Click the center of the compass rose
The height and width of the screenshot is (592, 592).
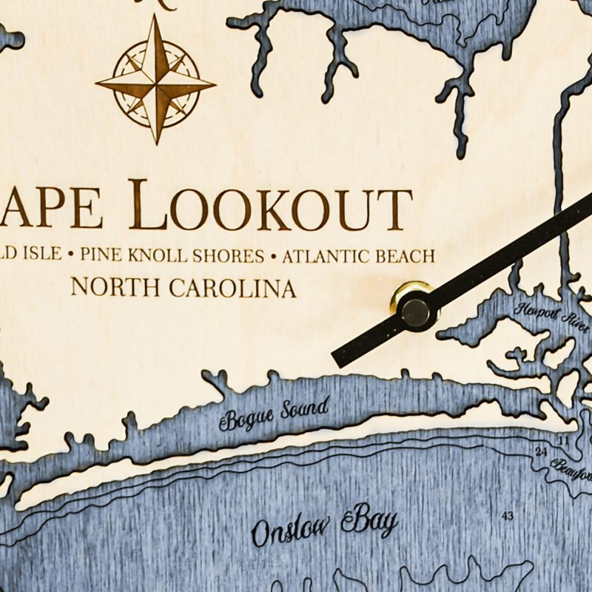pyautogui.click(x=156, y=81)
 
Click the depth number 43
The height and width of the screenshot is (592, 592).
pyautogui.click(x=508, y=515)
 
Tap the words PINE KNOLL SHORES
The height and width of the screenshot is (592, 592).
pyautogui.click(x=172, y=256)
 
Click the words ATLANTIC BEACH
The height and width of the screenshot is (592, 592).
pyautogui.click(x=358, y=256)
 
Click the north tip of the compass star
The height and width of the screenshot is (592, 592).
pyautogui.click(x=156, y=16)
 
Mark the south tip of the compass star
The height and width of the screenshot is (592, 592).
pyautogui.click(x=156, y=144)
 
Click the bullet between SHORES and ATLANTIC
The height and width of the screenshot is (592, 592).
pyautogui.click(x=273, y=257)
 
